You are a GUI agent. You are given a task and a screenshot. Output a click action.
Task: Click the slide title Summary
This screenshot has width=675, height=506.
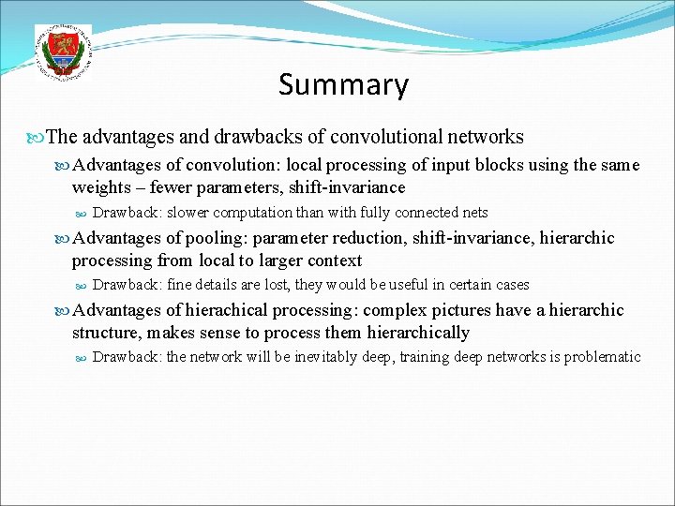(x=343, y=85)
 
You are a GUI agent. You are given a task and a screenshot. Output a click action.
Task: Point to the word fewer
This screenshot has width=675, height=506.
(x=173, y=187)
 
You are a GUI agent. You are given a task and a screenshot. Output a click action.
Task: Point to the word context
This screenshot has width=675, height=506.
(x=329, y=260)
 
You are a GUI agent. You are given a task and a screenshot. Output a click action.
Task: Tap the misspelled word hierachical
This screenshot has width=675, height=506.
(x=225, y=310)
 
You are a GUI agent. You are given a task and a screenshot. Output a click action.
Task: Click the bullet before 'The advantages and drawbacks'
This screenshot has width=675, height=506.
(x=37, y=138)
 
